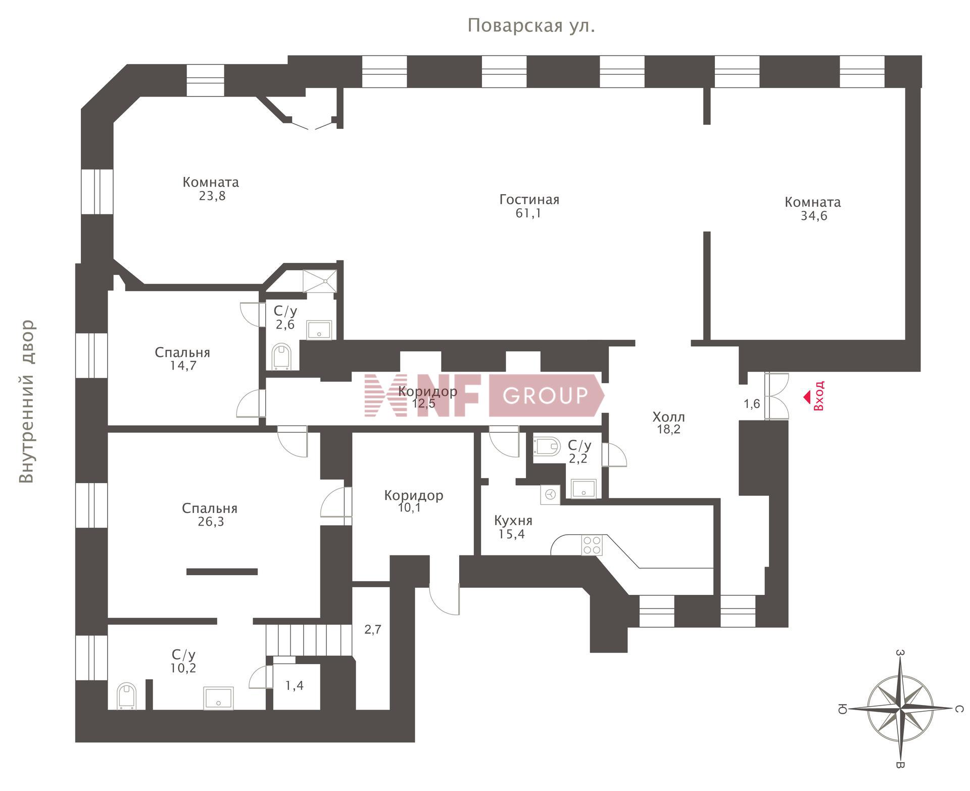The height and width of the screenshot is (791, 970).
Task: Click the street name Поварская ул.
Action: pos(531,25)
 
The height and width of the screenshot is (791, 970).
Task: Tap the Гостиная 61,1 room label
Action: pos(529,206)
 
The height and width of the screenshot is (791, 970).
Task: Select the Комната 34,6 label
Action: pos(813,209)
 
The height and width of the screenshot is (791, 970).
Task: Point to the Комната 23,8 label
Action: pos(211,189)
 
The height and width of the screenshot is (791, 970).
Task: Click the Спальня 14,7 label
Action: pos(182,359)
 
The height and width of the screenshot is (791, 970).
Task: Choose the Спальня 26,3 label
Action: pos(210,515)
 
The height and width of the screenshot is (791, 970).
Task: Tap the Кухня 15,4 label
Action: pos(513,527)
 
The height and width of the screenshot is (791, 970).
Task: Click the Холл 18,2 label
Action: pos(668,423)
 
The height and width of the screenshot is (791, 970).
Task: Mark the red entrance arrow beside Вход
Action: pos(807,398)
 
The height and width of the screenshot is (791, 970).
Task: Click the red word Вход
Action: pos(819,396)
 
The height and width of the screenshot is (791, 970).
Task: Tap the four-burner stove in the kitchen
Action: pos(592,545)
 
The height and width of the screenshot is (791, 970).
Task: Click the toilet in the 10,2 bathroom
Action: pos(126,696)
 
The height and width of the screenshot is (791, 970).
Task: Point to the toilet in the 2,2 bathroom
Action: pos(547,446)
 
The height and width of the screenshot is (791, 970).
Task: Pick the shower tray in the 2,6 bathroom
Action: pos(319,281)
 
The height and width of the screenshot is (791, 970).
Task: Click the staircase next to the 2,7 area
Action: pos(309,640)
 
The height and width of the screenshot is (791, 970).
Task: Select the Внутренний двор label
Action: pos(27,401)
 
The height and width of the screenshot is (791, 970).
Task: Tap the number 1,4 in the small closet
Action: pos(294,686)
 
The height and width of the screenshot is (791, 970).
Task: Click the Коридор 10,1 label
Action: pos(414,501)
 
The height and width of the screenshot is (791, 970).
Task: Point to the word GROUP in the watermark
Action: pos(545,395)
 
